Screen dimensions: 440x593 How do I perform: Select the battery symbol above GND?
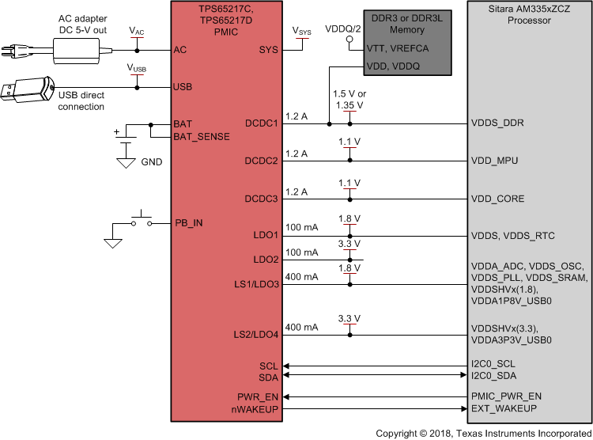pos(125,144)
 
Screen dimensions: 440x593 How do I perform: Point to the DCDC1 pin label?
pos(261,124)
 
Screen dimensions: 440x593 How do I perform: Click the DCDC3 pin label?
pos(261,199)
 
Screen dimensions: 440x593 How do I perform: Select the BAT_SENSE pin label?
pos(202,137)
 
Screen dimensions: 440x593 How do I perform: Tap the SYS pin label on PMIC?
pos(268,49)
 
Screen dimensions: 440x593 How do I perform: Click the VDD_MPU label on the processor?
pos(494,161)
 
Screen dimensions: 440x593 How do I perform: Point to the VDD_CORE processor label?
pos(497,199)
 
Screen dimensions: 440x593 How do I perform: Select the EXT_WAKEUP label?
pos(504,408)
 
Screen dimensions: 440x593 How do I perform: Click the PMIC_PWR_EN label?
pos(506,396)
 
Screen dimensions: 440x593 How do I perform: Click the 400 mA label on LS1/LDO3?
pos(301,277)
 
